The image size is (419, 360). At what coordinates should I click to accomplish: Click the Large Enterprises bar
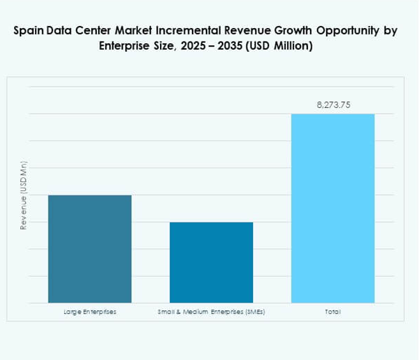90,248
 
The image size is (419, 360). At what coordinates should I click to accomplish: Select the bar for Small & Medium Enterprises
211,262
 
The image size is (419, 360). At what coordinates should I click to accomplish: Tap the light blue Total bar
332,208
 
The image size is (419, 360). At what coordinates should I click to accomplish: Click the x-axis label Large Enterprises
90,312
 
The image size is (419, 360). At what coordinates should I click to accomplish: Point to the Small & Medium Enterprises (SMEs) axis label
211,312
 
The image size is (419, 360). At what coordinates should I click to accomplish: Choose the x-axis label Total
332,312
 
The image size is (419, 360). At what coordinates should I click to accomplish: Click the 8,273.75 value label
333,105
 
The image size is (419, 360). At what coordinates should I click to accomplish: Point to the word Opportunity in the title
337,32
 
